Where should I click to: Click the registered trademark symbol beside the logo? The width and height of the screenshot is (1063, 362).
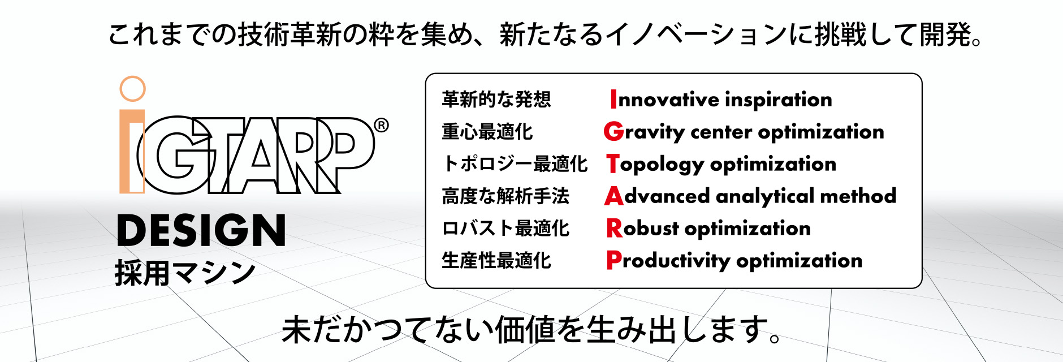pyautogui.click(x=382, y=125)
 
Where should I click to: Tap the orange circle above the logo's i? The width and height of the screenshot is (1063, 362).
pyautogui.click(x=133, y=89)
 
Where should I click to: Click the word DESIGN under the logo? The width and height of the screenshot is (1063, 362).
pyautogui.click(x=201, y=230)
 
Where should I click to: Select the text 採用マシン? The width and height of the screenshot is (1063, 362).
pyautogui.click(x=185, y=273)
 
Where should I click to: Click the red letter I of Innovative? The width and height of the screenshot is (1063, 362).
pyautogui.click(x=613, y=100)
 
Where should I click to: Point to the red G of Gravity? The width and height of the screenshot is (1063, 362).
pyautogui.click(x=613, y=132)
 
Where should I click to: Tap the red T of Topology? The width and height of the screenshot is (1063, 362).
pyautogui.click(x=613, y=164)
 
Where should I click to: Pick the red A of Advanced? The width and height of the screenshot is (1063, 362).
pyautogui.click(x=613, y=196)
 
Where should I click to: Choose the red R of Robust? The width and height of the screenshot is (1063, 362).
pyautogui.click(x=613, y=229)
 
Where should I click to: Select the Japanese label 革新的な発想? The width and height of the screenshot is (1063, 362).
pyautogui.click(x=496, y=100)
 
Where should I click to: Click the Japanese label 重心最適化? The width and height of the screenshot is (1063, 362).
pyautogui.click(x=487, y=132)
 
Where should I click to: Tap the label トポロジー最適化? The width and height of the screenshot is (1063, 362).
pyautogui.click(x=515, y=164)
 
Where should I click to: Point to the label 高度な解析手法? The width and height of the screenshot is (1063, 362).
pyautogui.click(x=505, y=196)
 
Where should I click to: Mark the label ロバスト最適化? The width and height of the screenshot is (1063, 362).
pyautogui.click(x=505, y=229)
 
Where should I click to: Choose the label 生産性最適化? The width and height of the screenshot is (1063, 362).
pyautogui.click(x=496, y=261)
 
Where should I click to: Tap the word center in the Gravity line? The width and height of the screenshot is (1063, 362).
pyautogui.click(x=721, y=132)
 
